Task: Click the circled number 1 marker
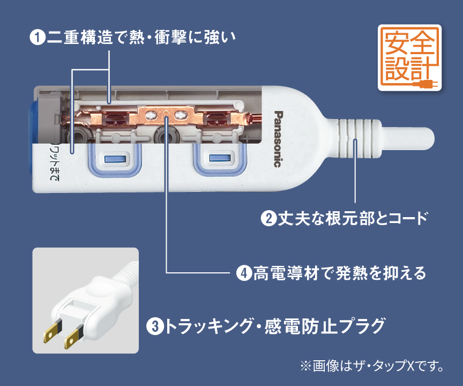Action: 38,38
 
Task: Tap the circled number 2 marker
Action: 267,219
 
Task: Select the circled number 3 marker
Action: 154,325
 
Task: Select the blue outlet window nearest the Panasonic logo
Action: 218,159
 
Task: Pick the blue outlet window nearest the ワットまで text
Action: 114,159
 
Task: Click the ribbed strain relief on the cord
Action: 352,139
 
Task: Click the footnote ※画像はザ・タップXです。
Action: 372,367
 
